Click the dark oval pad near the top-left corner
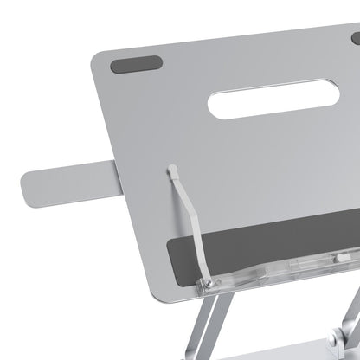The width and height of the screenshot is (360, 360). click(137, 65)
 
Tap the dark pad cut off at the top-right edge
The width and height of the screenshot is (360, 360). click(356, 38)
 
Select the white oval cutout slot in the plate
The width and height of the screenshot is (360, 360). click(273, 99)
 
